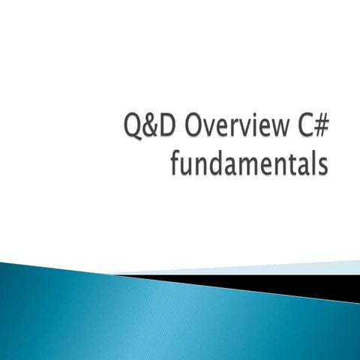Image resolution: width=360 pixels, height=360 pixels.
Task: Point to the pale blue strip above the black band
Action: [285, 267]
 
